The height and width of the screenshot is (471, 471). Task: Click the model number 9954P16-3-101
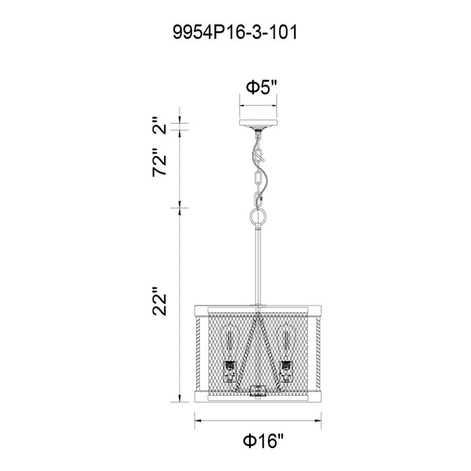[235, 32]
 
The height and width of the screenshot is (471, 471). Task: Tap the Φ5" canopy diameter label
[260, 87]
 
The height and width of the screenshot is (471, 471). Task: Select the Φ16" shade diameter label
[263, 441]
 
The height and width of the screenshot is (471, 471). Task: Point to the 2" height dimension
[160, 126]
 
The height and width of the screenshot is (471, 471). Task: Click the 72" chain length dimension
[159, 162]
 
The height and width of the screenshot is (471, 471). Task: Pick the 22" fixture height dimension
[159, 301]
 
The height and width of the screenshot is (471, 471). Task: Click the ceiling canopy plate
[258, 123]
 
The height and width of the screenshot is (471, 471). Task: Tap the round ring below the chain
[258, 217]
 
